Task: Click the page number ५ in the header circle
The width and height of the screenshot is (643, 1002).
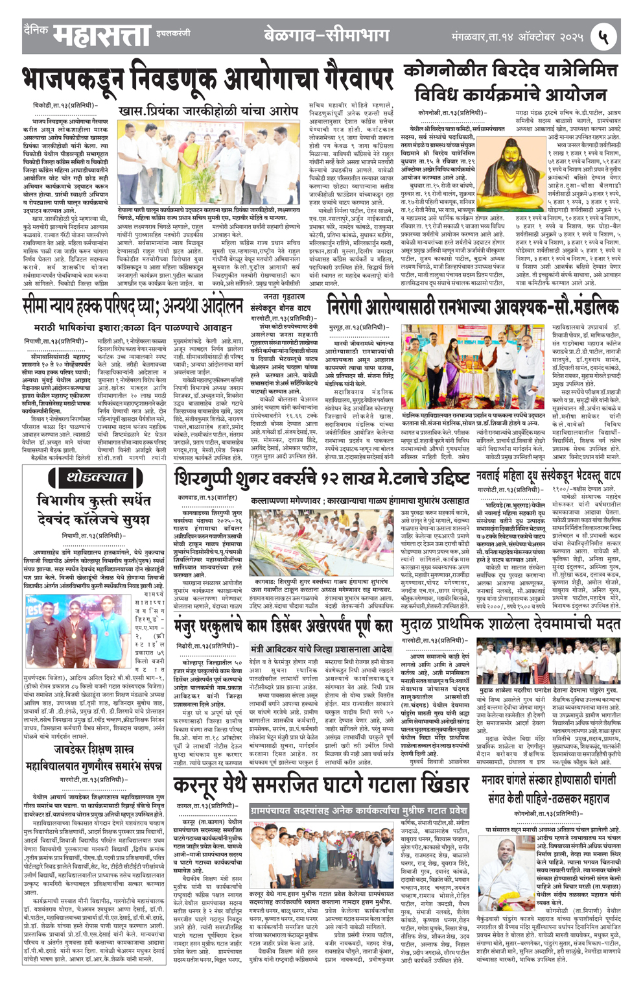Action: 603,36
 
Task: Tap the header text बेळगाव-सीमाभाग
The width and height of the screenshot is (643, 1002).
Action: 327,36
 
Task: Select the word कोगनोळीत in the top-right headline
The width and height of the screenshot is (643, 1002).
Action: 441,70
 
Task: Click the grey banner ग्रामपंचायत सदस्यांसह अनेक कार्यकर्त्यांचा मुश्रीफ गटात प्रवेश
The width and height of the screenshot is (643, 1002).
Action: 358,811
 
